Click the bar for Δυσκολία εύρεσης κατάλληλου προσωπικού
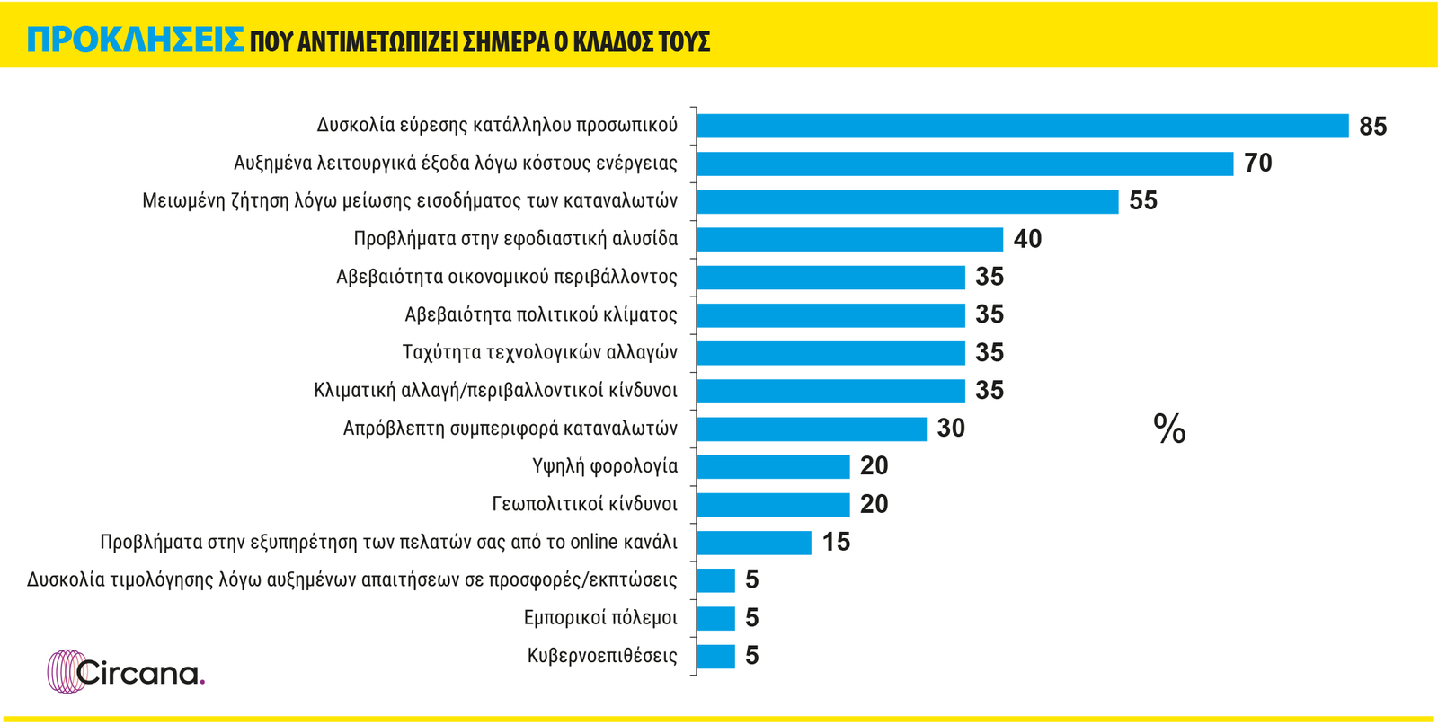click(x=1022, y=126)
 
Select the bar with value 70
click(x=964, y=164)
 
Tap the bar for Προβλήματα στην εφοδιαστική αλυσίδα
click(x=849, y=239)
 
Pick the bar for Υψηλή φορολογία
click(x=773, y=466)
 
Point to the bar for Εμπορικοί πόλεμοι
click(x=715, y=618)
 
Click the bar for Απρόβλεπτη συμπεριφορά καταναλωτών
click(x=811, y=429)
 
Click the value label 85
click(x=1372, y=127)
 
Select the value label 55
click(x=1143, y=201)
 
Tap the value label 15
click(x=836, y=543)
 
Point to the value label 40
click(x=1027, y=239)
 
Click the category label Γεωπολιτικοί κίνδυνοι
click(x=584, y=504)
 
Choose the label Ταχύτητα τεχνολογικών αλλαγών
click(x=539, y=352)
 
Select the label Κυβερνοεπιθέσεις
click(x=602, y=656)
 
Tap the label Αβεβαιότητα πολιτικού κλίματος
click(x=541, y=314)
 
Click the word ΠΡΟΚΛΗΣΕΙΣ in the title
click(x=136, y=40)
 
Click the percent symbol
click(x=1169, y=429)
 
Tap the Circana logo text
click(x=140, y=673)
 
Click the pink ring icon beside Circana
click(x=65, y=671)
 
